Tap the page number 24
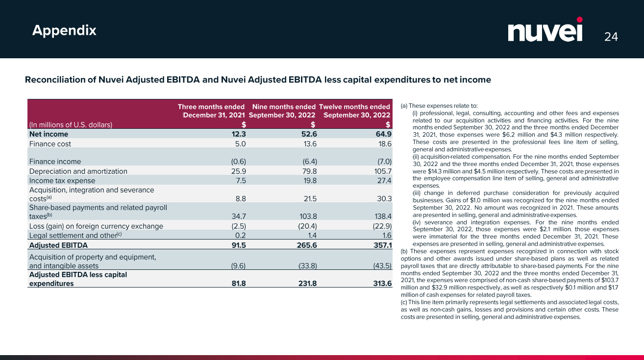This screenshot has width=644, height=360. [611, 37]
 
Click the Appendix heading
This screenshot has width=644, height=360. [64, 30]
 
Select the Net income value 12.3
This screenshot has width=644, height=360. [238, 134]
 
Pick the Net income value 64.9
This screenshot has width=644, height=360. [382, 134]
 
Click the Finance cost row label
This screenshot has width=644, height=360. [50, 144]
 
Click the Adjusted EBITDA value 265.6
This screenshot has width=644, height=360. [307, 245]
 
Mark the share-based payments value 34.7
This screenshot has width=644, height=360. [238, 216]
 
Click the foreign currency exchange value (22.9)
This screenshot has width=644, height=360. [382, 226]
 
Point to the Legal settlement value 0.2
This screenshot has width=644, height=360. [240, 236]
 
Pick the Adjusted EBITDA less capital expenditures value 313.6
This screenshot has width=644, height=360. [382, 284]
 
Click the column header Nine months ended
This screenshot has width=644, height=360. [284, 107]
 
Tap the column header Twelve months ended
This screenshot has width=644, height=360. [354, 107]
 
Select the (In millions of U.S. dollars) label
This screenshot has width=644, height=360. [71, 124]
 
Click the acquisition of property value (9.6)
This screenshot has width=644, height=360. [238, 266]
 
